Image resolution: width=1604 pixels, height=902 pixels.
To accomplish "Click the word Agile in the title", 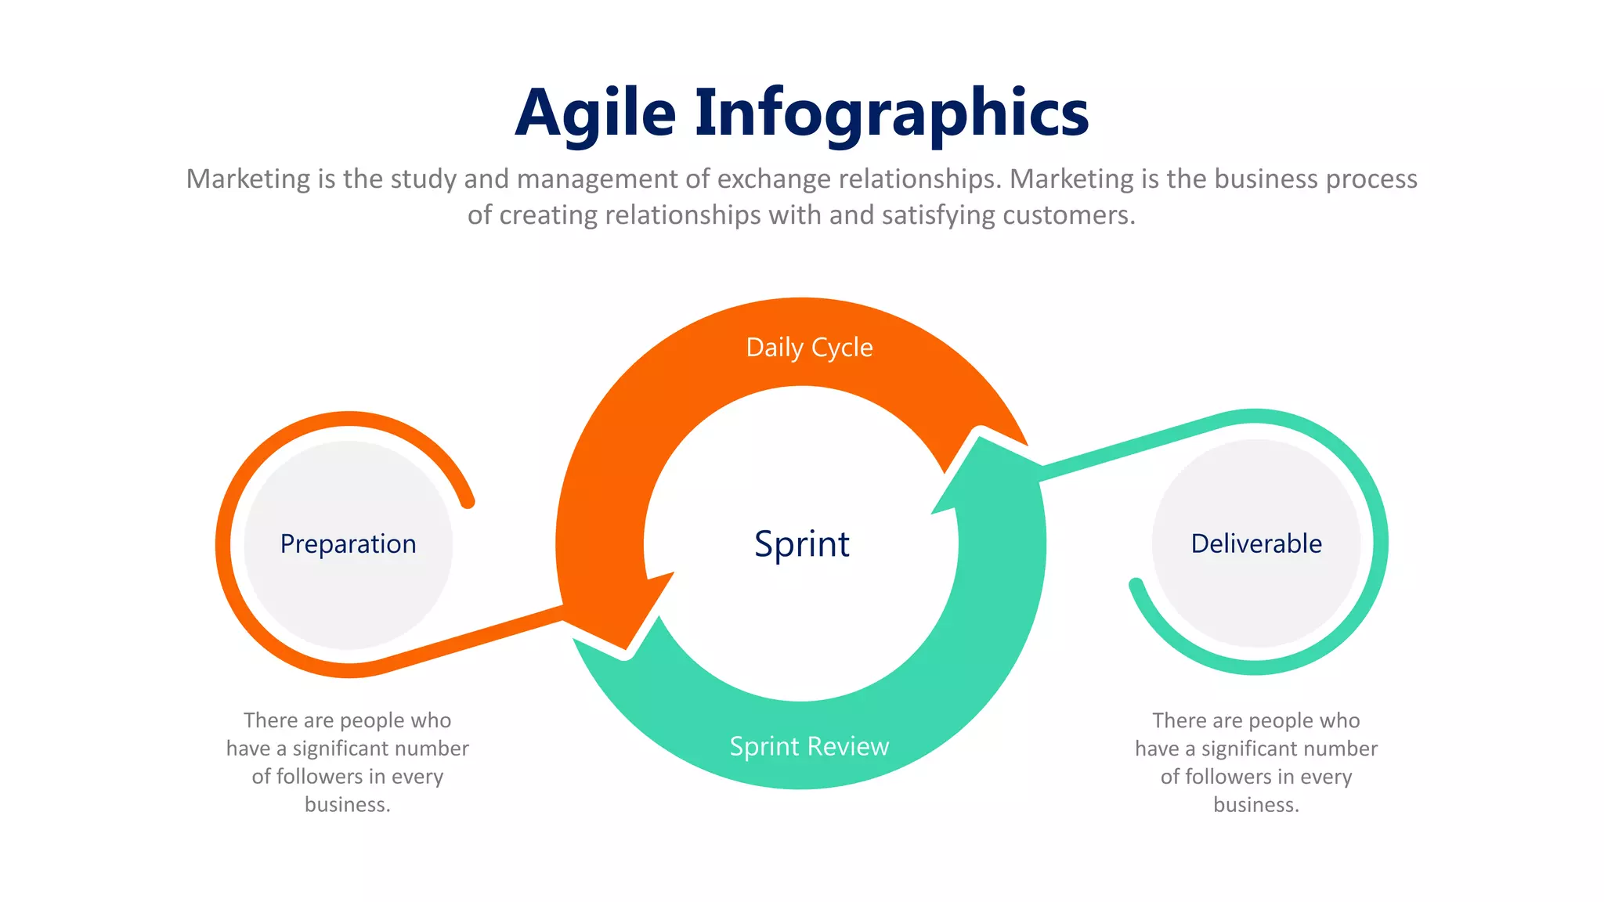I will [x=595, y=114].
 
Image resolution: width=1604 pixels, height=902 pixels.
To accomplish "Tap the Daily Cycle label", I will [x=809, y=347].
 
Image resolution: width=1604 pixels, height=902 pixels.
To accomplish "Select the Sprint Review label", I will [x=809, y=746].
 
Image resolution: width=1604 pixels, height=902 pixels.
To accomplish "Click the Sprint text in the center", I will [x=801, y=543].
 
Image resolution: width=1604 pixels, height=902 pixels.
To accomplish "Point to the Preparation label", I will [x=348, y=543].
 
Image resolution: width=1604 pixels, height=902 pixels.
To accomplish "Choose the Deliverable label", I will [x=1255, y=543].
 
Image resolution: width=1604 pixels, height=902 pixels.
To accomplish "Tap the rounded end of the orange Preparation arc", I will [x=468, y=501].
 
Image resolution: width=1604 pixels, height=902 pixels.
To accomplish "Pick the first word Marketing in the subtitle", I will [x=248, y=179].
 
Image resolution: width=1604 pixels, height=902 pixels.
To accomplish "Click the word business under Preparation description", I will [x=347, y=804].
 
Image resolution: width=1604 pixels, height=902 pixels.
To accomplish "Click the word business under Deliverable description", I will [x=1255, y=804].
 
